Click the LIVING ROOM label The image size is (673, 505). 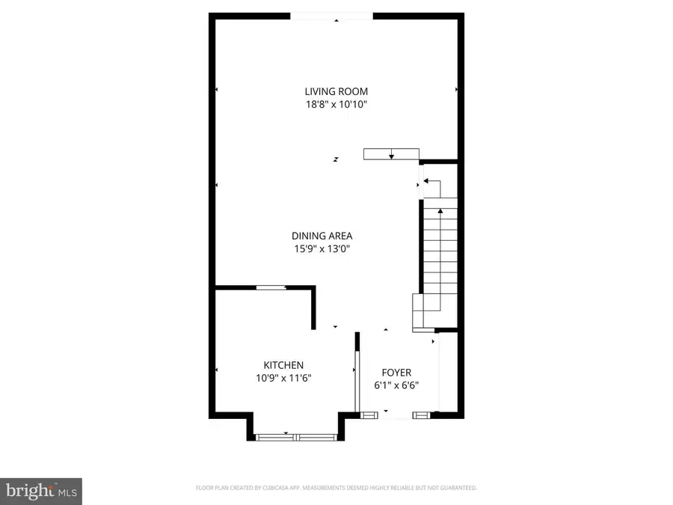336,91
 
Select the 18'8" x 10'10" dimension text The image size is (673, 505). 336,105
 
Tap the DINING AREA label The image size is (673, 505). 322,236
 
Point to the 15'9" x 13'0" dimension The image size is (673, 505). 322,249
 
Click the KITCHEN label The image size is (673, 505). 283,364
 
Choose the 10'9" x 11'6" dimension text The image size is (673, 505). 283,378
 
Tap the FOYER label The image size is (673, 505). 396,372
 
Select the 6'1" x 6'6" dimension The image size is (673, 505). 396,385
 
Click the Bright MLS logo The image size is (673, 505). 41,492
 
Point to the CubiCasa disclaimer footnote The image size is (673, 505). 336,488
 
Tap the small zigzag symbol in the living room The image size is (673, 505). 336,159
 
